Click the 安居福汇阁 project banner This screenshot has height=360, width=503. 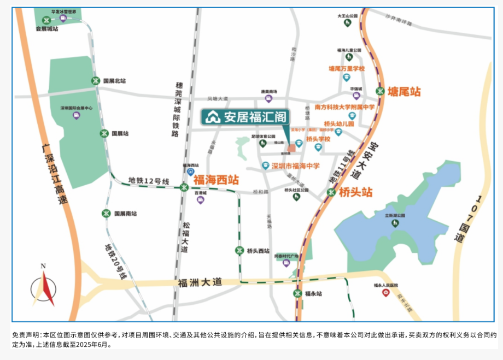(x=245, y=116)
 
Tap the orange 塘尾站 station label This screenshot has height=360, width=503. (x=404, y=91)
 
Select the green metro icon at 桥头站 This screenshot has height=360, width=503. (x=331, y=192)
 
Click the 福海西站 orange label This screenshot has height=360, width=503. (x=217, y=179)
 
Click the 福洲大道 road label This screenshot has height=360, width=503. (x=200, y=282)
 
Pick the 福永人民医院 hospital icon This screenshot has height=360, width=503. (x=386, y=293)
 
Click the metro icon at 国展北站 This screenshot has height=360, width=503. (x=96, y=81)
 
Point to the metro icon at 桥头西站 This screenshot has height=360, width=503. (x=239, y=251)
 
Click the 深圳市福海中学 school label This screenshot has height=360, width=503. (x=295, y=166)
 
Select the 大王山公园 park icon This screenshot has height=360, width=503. (x=347, y=23)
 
